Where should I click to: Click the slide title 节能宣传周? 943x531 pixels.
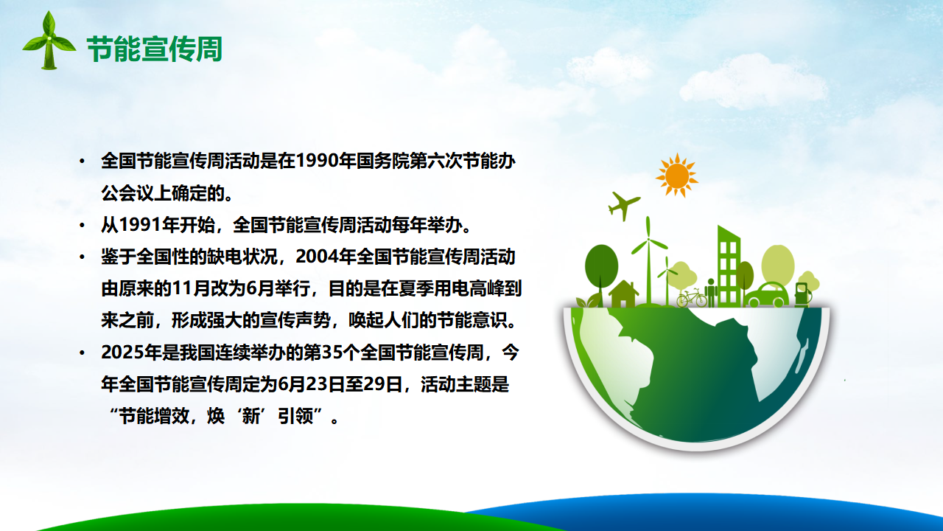155,49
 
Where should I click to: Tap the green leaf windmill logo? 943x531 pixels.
49,41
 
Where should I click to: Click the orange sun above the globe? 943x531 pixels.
676,176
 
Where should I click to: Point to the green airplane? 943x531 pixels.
623,205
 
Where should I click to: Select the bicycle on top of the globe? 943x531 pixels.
692,298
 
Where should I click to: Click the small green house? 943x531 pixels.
623,294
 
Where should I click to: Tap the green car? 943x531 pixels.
767,294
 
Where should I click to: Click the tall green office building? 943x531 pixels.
729,266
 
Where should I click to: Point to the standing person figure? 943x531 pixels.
711,293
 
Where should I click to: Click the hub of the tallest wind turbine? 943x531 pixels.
648,240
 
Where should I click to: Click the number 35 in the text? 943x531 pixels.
331,353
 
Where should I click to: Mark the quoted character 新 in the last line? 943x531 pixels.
251,417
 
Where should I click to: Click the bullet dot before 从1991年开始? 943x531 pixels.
82,225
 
